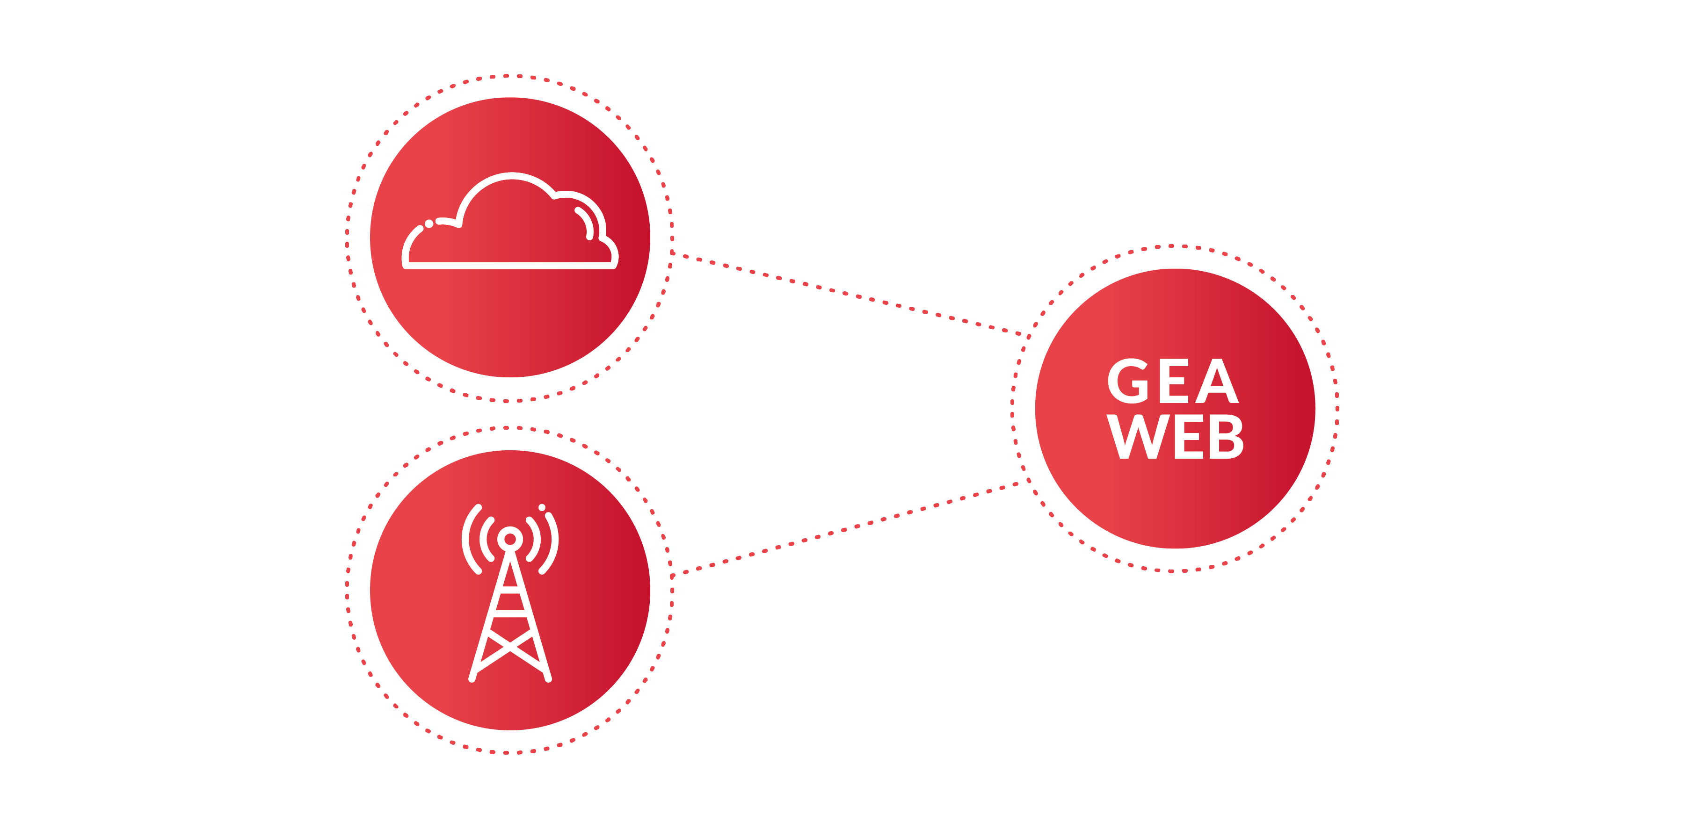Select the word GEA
pyautogui.click(x=1172, y=381)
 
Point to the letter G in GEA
pyautogui.click(x=1128, y=381)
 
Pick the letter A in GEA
pyautogui.click(x=1216, y=381)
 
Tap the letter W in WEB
pyautogui.click(x=1133, y=437)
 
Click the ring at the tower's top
pyautogui.click(x=510, y=539)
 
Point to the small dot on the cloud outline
pyautogui.click(x=429, y=223)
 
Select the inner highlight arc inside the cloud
pyautogui.click(x=586, y=222)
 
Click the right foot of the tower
pyautogui.click(x=548, y=678)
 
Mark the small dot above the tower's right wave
pyautogui.click(x=542, y=507)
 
